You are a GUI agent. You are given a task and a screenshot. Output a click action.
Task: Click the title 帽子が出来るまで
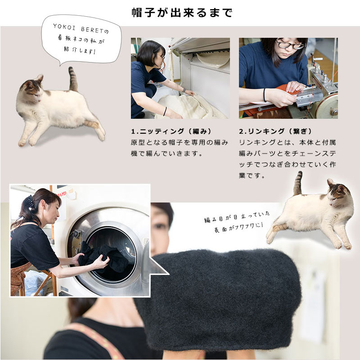tap(182, 12)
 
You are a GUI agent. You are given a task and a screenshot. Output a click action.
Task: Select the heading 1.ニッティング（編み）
tap(171, 131)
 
